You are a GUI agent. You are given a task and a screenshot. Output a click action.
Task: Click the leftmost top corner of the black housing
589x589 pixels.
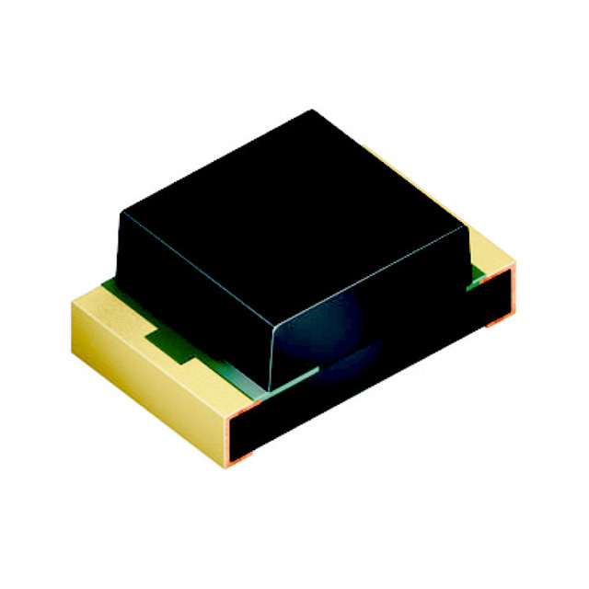click(121, 214)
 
